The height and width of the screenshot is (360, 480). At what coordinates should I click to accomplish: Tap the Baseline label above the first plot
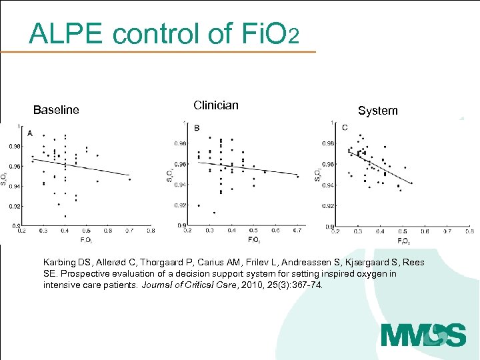point(56,110)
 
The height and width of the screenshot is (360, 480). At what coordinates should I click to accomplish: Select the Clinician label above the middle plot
point(215,105)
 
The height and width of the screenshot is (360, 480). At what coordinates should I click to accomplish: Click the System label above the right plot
point(377,111)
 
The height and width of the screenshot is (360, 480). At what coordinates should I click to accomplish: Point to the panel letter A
point(30,133)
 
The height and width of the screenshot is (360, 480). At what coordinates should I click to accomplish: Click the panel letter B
point(197,127)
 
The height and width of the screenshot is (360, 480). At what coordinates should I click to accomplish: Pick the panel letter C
point(345,127)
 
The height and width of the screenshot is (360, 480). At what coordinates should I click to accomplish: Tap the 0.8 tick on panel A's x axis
point(151,231)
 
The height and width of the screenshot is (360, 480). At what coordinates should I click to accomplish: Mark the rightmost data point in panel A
point(129,179)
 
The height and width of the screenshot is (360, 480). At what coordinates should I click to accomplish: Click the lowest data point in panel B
point(214,213)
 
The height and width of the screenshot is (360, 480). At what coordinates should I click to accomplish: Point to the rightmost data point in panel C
point(411,183)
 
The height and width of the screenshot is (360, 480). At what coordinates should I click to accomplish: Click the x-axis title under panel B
point(254,239)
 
